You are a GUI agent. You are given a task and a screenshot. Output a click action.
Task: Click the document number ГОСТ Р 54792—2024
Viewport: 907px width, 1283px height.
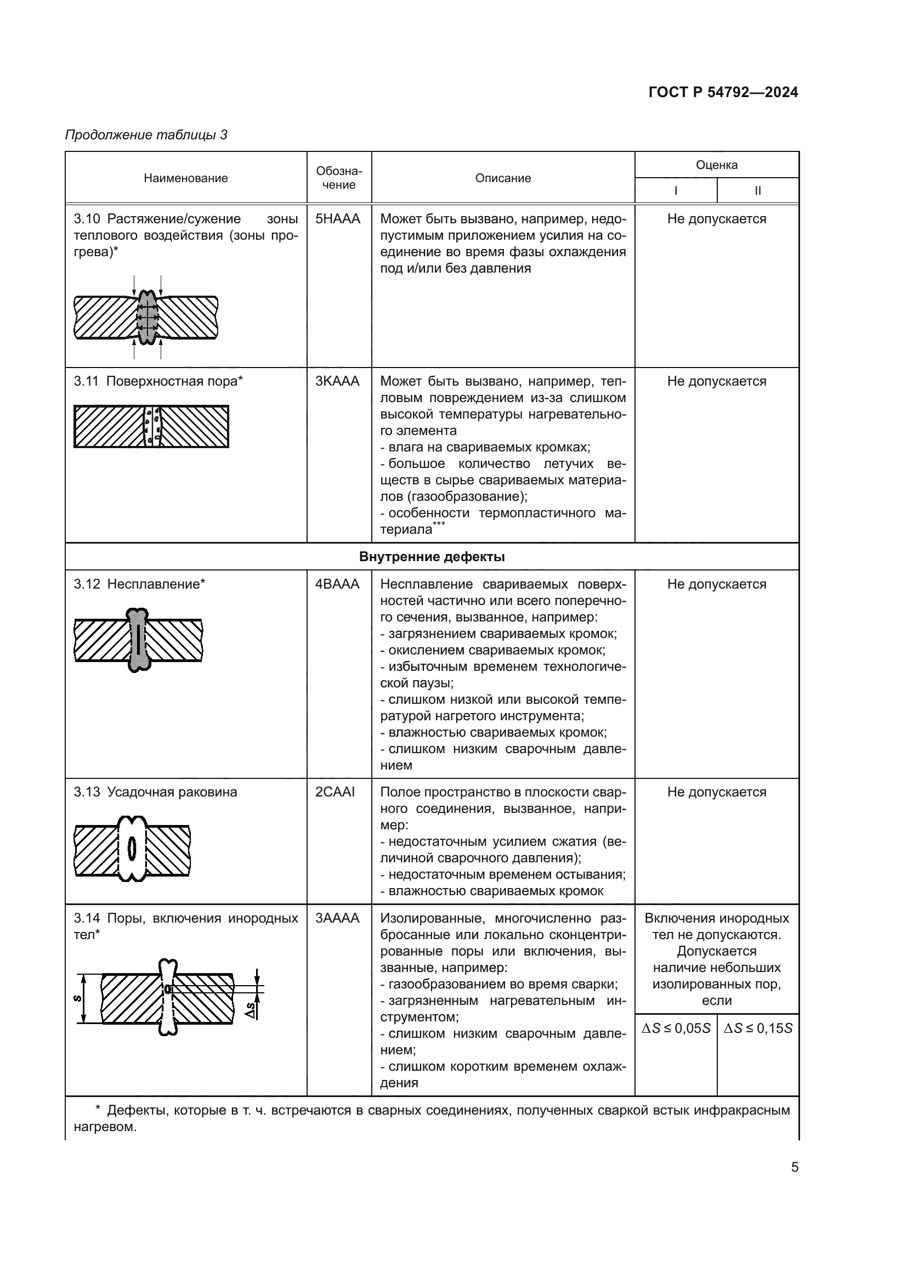point(723,92)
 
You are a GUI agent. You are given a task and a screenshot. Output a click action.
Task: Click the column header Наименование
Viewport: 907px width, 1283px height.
point(185,178)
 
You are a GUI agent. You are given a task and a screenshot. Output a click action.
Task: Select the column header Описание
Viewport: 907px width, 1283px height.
point(503,178)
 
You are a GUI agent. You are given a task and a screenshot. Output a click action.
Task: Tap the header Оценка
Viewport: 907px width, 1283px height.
point(716,165)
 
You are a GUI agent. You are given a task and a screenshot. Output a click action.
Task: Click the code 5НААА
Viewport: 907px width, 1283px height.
point(338,219)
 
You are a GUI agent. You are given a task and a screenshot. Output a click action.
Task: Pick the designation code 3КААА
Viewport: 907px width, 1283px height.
point(337,382)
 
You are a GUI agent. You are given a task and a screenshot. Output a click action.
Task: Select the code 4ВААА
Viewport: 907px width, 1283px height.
point(337,585)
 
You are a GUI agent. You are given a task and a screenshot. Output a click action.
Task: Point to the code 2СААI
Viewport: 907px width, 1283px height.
point(335,793)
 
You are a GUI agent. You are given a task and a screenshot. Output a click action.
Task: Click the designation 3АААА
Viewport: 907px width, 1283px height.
point(337,919)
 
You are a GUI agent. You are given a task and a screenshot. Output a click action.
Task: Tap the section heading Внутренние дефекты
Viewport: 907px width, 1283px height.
point(432,557)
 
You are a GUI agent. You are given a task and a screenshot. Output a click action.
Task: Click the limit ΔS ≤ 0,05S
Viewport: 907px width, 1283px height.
point(676,1028)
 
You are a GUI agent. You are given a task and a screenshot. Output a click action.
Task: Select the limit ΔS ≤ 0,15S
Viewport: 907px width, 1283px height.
point(758,1028)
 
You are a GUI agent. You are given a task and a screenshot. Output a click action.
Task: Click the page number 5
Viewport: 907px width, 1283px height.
point(794,1168)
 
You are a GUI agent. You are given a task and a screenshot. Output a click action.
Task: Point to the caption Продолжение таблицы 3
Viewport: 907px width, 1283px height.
point(146,135)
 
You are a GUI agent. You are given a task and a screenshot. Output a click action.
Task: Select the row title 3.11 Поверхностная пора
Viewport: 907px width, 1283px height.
point(158,382)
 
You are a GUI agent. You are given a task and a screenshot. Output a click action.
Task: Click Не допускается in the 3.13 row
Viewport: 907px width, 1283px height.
point(716,793)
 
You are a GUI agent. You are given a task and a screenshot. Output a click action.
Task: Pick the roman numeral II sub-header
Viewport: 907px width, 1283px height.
point(757,190)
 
